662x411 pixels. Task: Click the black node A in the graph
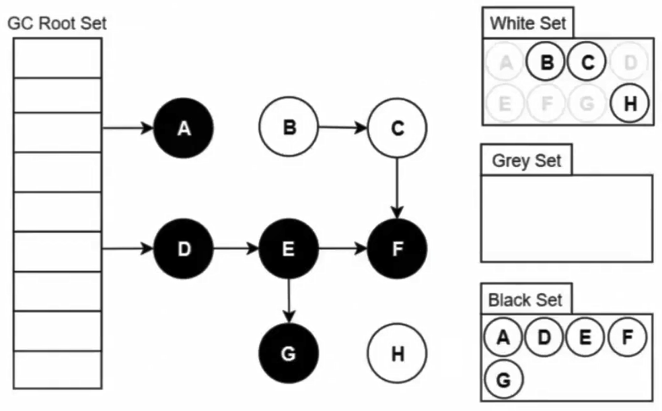(184, 129)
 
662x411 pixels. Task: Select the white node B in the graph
(289, 127)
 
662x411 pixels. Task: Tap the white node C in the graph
(397, 127)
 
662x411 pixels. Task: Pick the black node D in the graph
(184, 249)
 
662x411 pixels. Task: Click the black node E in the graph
(289, 249)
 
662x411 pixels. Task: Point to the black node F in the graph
(397, 249)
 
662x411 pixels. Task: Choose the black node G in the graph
(289, 354)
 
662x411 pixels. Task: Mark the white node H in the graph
(397, 354)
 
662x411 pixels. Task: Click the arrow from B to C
(343, 127)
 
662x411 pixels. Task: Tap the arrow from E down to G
(289, 301)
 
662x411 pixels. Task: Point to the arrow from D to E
(236, 249)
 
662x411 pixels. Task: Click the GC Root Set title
(57, 24)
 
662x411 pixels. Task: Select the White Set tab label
(528, 24)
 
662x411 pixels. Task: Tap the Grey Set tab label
(526, 161)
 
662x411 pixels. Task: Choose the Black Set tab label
(525, 299)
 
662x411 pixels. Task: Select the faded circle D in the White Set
(630, 63)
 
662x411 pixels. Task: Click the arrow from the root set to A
(128, 128)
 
